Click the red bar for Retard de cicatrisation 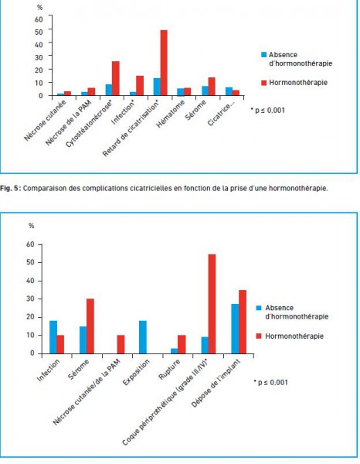(x=164, y=63)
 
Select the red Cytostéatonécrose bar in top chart (x=116, y=78)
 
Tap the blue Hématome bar (x=180, y=92)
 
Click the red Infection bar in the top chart (x=140, y=86)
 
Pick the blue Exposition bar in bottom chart (x=143, y=337)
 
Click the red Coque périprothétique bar (x=212, y=304)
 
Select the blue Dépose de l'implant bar (x=235, y=329)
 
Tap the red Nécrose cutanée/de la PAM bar (x=121, y=344)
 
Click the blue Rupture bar (x=175, y=351)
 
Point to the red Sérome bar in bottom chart (x=90, y=326)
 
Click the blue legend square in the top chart (x=264, y=55)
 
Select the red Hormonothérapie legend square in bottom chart (x=259, y=336)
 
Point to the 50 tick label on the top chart (x=39, y=32)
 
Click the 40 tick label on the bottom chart (x=30, y=281)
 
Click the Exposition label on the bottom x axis (x=136, y=372)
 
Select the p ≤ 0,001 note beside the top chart (x=268, y=111)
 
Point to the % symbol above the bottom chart (x=32, y=226)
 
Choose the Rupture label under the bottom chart (x=169, y=370)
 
